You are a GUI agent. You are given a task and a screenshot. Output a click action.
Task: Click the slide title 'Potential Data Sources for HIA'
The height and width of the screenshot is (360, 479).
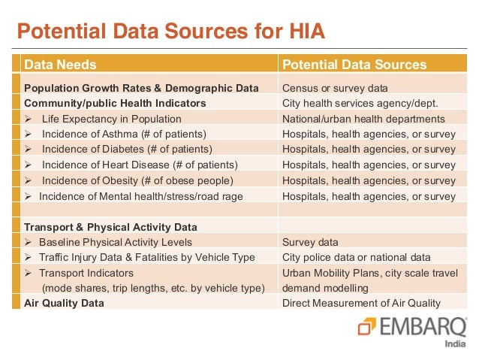tap(171, 32)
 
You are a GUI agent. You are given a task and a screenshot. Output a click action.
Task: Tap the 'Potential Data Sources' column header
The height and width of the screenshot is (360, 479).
tap(354, 65)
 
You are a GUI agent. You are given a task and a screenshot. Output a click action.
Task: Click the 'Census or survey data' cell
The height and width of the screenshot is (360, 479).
tap(335, 88)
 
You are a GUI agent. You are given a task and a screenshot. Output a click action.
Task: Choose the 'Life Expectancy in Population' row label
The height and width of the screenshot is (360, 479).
tap(111, 119)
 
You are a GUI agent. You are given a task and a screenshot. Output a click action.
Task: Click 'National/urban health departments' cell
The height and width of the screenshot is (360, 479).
tap(363, 119)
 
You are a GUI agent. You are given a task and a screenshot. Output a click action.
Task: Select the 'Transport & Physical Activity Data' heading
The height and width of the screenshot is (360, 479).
tap(110, 227)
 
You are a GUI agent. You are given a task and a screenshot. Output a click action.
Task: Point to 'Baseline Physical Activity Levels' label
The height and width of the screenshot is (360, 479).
tap(116, 242)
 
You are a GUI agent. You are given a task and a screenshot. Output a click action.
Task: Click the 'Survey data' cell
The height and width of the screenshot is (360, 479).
tap(310, 242)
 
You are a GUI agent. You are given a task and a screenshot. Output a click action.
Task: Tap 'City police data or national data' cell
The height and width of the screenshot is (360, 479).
tap(357, 257)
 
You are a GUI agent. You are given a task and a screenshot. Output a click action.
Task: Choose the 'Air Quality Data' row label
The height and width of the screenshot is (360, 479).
tap(64, 304)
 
